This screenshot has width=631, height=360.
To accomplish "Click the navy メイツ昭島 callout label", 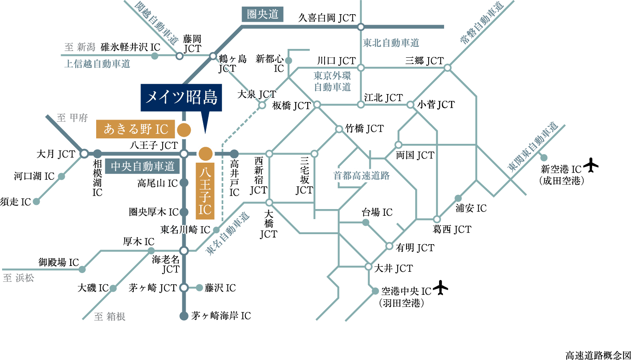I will tap(181, 98).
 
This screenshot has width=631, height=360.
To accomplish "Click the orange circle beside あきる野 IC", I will tap(183, 130).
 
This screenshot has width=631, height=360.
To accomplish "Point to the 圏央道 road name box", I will tap(262, 15).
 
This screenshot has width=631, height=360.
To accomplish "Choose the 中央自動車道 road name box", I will tap(142, 166).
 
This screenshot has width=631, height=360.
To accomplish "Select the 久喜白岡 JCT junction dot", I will tap(361, 27).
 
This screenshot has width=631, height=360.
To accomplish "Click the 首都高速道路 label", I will tap(361, 176).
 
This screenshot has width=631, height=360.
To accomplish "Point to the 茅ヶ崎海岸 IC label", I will tap(221, 316).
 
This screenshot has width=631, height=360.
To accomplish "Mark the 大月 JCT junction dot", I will tap(84, 154).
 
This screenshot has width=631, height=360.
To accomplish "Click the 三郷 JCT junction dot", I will tap(447, 67).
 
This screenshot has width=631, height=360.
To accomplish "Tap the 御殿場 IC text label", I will tap(59, 263).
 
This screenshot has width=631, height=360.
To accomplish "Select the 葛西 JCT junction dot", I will tap(437, 219).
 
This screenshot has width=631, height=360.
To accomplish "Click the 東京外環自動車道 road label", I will tap(332, 82).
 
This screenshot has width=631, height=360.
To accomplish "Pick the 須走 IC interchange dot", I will tap(36, 202).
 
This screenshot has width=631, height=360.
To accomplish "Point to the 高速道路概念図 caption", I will tap(597, 355).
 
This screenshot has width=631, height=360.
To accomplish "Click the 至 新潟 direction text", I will tap(80, 47).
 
